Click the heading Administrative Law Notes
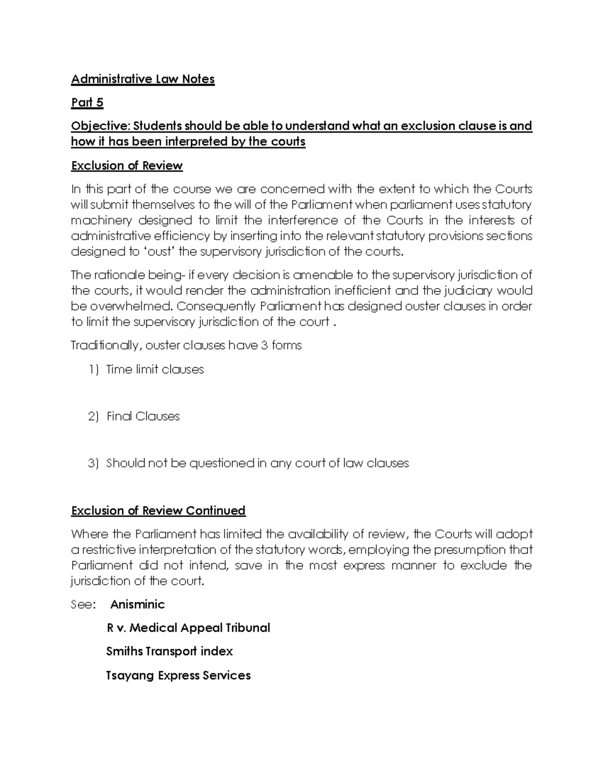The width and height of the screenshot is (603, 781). click(x=143, y=79)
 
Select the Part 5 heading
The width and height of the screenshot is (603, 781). click(x=87, y=103)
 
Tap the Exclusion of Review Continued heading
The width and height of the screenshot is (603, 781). click(x=158, y=510)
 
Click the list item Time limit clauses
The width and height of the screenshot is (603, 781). click(x=155, y=370)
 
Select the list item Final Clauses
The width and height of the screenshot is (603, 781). click(x=143, y=416)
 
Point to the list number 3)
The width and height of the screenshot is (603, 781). click(x=94, y=463)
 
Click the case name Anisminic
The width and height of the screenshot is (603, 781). click(x=137, y=604)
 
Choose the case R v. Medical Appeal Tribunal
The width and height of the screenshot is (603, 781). click(x=188, y=628)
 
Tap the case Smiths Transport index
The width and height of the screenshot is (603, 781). click(x=169, y=651)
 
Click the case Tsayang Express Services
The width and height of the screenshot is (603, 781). click(x=178, y=675)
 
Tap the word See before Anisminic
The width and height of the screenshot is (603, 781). click(x=82, y=604)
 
